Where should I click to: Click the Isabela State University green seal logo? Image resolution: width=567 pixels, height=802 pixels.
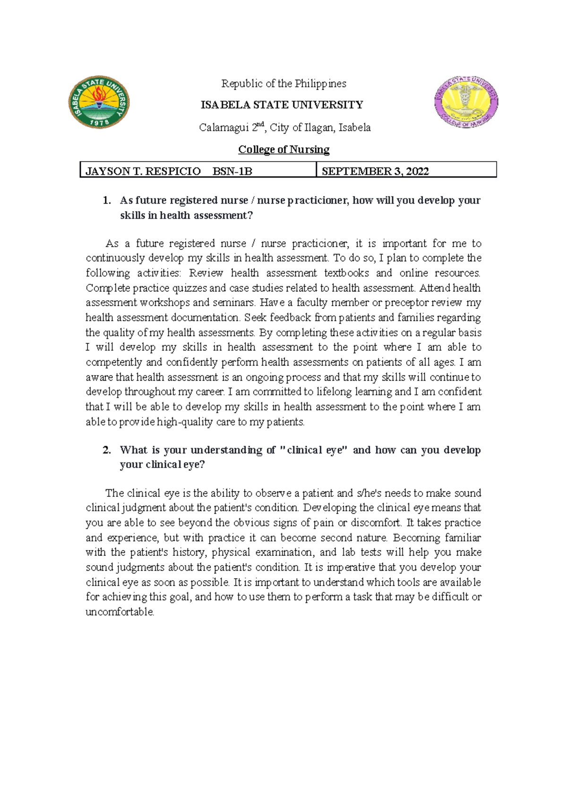(x=99, y=102)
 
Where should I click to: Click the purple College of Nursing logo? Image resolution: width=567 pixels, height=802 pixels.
(x=466, y=102)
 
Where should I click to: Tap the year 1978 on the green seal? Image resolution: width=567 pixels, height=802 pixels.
(x=100, y=122)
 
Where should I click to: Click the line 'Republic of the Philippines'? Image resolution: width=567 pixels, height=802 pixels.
(x=283, y=84)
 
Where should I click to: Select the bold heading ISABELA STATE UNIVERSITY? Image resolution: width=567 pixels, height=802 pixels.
(x=282, y=105)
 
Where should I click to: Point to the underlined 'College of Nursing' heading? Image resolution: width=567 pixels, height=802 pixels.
(x=283, y=150)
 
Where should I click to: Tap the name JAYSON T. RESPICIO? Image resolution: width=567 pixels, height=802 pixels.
(x=143, y=171)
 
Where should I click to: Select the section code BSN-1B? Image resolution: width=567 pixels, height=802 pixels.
(x=232, y=171)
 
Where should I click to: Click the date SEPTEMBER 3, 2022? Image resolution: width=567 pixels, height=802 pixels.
(x=375, y=171)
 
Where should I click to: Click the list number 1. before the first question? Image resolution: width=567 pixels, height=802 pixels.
(x=107, y=200)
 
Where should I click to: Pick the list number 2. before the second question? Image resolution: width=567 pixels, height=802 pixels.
(x=107, y=450)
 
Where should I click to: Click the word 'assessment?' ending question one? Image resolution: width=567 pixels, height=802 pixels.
(x=222, y=215)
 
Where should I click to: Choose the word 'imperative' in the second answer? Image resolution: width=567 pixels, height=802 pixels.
(x=349, y=567)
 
